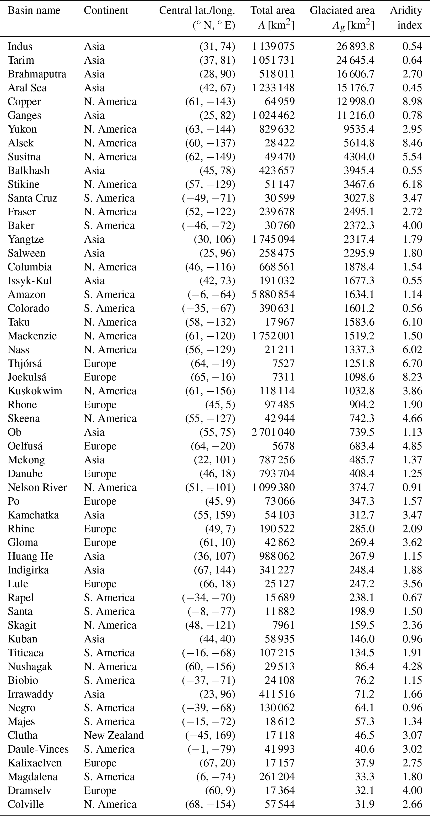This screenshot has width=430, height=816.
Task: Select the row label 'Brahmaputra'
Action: click(37, 74)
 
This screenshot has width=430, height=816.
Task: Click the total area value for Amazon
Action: click(273, 294)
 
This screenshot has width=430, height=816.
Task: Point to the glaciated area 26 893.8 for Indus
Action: click(355, 46)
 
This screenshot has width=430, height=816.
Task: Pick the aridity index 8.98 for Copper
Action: click(412, 101)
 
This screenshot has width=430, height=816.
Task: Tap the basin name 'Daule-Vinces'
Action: click(38, 749)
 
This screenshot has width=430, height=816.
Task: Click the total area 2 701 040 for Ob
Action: click(273, 432)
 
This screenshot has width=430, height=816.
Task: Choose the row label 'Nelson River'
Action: click(37, 487)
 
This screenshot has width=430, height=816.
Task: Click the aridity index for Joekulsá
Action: click(412, 377)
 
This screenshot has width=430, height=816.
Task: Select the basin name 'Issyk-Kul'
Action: click(30, 281)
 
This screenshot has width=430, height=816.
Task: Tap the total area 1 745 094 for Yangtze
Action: click(273, 239)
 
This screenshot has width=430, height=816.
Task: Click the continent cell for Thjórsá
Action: click(100, 363)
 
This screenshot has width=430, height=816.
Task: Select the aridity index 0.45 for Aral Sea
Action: click(412, 88)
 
